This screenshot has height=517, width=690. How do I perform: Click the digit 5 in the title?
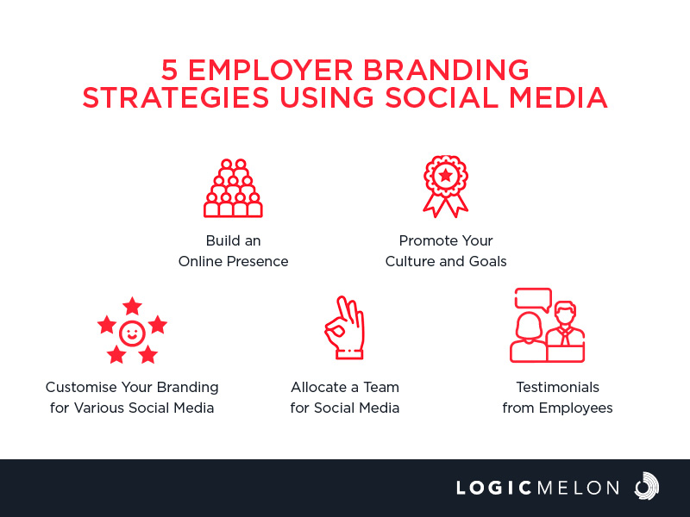click(169, 70)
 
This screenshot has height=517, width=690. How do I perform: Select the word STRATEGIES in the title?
click(176, 97)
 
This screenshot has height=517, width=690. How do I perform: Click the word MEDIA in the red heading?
click(558, 97)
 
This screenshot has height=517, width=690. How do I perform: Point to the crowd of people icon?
click(233, 188)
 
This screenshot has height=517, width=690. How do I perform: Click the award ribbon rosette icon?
click(446, 186)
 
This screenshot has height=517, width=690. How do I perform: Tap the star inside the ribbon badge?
click(446, 176)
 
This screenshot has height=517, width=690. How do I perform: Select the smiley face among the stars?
click(132, 333)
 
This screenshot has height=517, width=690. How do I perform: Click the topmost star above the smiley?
click(132, 306)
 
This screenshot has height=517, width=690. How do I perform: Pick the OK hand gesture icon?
click(345, 327)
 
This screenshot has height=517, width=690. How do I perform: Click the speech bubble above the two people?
click(533, 300)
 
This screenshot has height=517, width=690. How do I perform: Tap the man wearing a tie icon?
click(566, 332)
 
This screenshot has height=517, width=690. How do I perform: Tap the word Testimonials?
click(557, 387)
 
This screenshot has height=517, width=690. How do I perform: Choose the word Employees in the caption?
click(575, 408)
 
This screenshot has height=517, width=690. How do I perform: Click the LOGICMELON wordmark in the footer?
click(537, 488)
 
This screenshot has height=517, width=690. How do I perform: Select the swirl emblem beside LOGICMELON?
click(646, 486)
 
